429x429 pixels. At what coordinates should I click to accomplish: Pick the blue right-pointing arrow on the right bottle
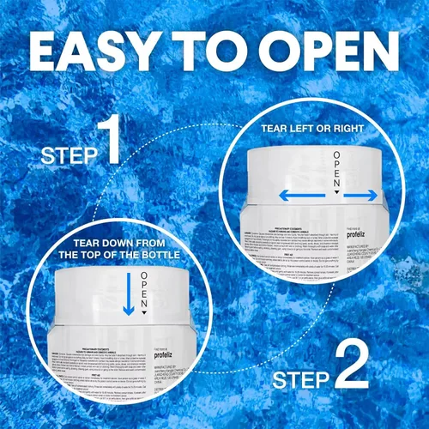[x=360, y=195]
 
